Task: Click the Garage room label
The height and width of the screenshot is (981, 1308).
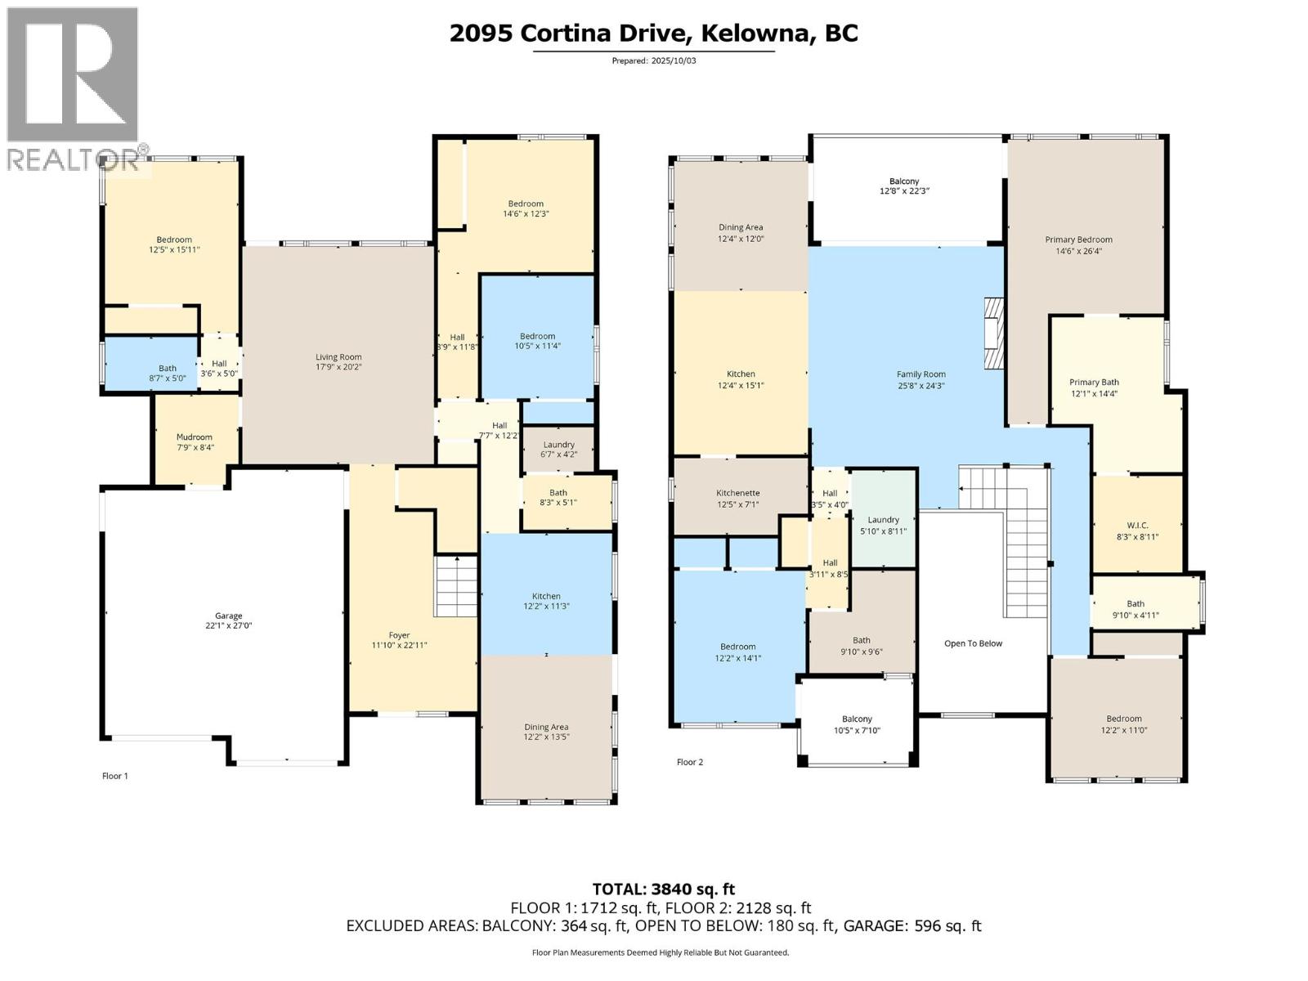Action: [229, 616]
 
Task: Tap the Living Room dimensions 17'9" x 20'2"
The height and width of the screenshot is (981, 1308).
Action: [338, 367]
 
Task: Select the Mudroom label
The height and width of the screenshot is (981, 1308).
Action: [195, 437]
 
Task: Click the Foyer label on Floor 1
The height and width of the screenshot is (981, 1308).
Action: [399, 635]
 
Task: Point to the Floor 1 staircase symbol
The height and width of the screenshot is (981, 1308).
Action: [455, 586]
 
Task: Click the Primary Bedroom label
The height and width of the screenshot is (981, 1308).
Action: [1078, 240]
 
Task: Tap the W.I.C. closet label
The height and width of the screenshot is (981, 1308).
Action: [1137, 526]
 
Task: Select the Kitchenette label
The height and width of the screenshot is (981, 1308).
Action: [737, 493]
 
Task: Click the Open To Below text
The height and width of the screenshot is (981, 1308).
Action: [973, 643]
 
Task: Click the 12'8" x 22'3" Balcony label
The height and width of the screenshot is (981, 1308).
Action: [904, 186]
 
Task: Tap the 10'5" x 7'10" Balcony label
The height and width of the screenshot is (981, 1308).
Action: [857, 725]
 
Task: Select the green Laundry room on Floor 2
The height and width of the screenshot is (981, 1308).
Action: [883, 520]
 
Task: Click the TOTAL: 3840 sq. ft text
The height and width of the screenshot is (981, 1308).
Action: [663, 889]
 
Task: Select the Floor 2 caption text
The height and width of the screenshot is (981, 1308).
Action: [689, 762]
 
